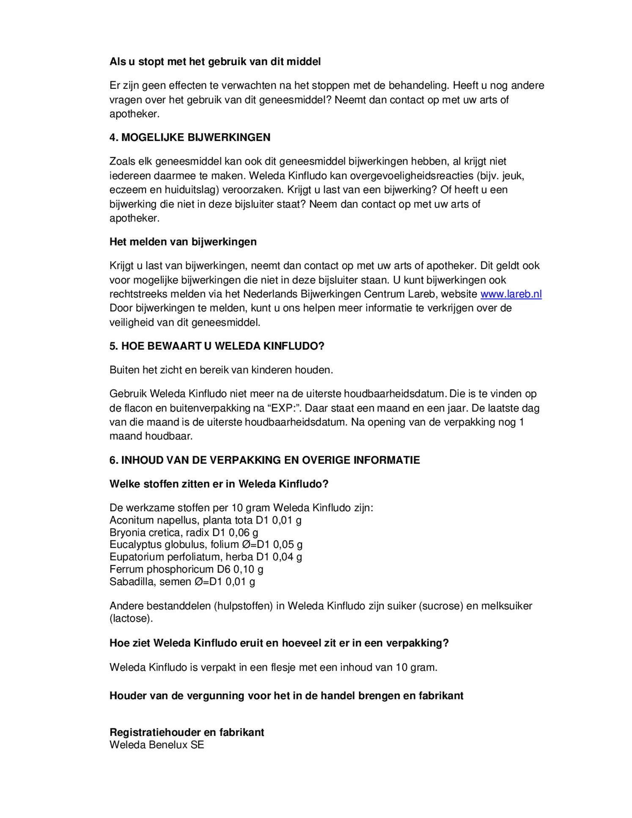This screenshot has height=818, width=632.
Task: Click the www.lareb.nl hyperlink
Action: [511, 294]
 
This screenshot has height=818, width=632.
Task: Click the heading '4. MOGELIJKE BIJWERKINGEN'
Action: [190, 137]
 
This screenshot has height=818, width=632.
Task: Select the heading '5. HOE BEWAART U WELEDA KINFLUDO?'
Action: [217, 346]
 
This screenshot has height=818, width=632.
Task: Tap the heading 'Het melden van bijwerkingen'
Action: [183, 242]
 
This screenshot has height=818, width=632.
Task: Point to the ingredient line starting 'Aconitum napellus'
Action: [205, 520]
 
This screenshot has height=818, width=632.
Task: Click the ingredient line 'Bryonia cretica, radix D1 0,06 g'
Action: [184, 532]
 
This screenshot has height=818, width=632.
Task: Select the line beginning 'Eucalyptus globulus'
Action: [206, 544]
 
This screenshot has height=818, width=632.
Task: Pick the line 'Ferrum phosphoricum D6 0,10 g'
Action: [186, 569]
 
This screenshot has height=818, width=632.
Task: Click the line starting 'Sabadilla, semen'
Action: [182, 581]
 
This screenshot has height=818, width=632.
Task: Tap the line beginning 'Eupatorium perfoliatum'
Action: [206, 556]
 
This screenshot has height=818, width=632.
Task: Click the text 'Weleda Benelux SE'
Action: [157, 744]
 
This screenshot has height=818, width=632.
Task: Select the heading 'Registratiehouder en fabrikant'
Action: [187, 732]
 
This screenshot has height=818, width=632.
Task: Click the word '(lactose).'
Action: [131, 618]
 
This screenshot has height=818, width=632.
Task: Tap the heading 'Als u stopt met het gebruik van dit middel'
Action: [215, 61]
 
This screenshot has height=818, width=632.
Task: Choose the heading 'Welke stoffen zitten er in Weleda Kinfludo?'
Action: [219, 484]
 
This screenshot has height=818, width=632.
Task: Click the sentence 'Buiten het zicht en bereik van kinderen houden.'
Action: [221, 370]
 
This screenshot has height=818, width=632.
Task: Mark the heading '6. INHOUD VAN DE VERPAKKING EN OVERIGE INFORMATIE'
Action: [264, 460]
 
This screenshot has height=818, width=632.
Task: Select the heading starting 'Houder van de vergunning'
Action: [286, 696]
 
